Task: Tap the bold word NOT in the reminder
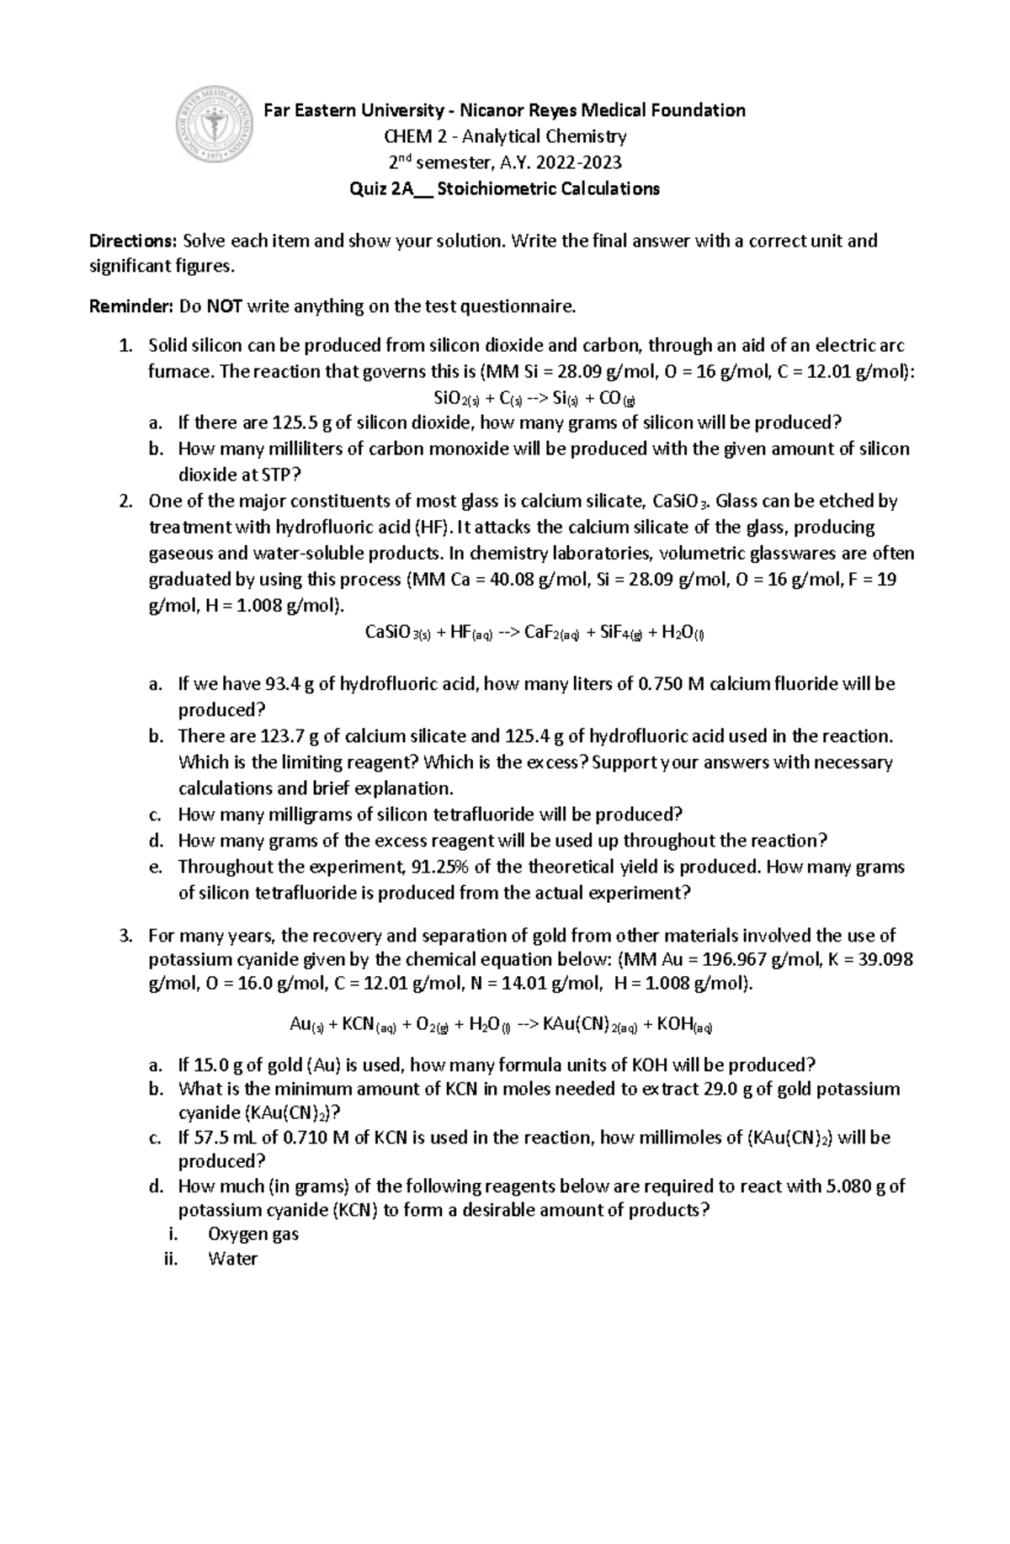point(225,307)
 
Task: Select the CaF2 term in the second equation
point(551,634)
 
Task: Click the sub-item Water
point(232,1260)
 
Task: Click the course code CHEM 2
point(413,136)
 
